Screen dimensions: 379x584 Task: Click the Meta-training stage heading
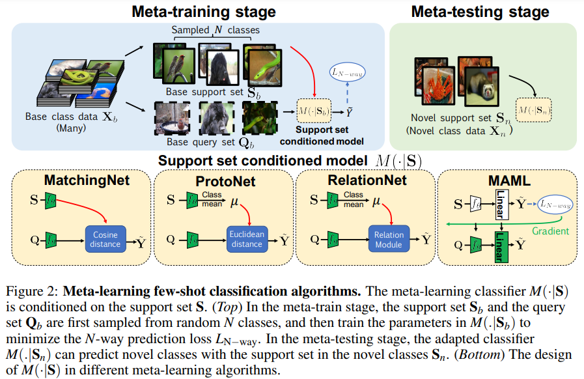pyautogui.click(x=204, y=11)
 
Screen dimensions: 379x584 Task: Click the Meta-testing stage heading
pyautogui.click(x=480, y=11)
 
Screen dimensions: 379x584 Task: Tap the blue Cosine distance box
pyautogui.click(x=105, y=239)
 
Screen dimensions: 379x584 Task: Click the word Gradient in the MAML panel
pyautogui.click(x=550, y=231)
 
